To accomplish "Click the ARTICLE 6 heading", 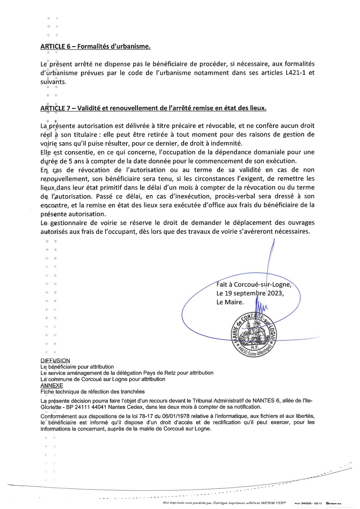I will coord(95,46).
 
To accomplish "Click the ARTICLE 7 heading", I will coord(153,108).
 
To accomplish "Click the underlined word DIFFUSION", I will coord(55,361).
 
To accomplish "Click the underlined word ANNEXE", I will coord(52,385).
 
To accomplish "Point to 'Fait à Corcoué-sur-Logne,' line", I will coord(254,284).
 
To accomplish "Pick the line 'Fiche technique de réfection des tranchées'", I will coord(92,392).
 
